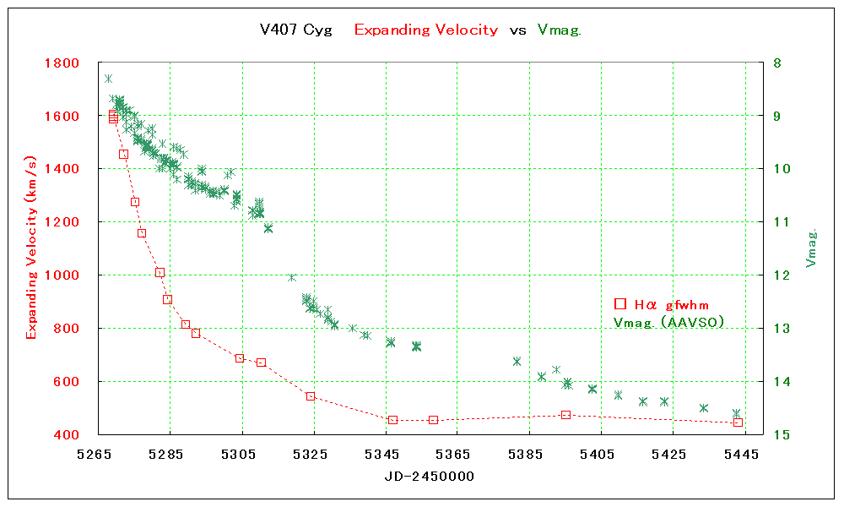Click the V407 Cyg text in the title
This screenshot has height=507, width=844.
pyautogui.click(x=296, y=30)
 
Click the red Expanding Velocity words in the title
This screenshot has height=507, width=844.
pyautogui.click(x=425, y=30)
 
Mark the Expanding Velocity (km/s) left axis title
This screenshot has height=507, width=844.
pyautogui.click(x=32, y=248)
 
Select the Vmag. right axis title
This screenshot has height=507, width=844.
pyautogui.click(x=812, y=248)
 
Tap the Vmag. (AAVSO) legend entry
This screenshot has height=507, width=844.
pyautogui.click(x=668, y=322)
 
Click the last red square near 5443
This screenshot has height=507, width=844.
pyautogui.click(x=738, y=422)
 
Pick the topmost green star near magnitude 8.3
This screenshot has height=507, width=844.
pyautogui.click(x=108, y=79)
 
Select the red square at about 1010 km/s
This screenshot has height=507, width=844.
pyautogui.click(x=160, y=272)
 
